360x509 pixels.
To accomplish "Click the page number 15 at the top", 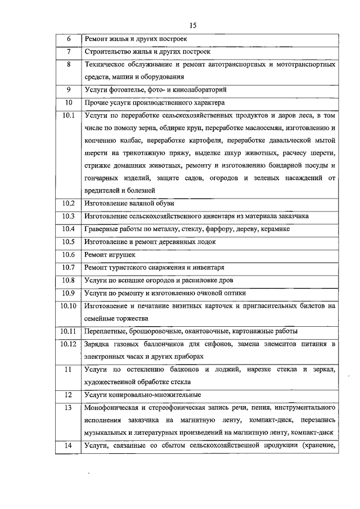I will [192, 25].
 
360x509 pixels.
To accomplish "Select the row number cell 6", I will [69, 39].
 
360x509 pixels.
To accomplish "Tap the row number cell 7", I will [69, 52].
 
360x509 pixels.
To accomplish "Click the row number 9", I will [69, 89].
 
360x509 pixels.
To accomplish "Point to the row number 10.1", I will [69, 115].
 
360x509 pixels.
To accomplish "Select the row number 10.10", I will [69, 305].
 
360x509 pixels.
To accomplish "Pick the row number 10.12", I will [69, 344].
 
